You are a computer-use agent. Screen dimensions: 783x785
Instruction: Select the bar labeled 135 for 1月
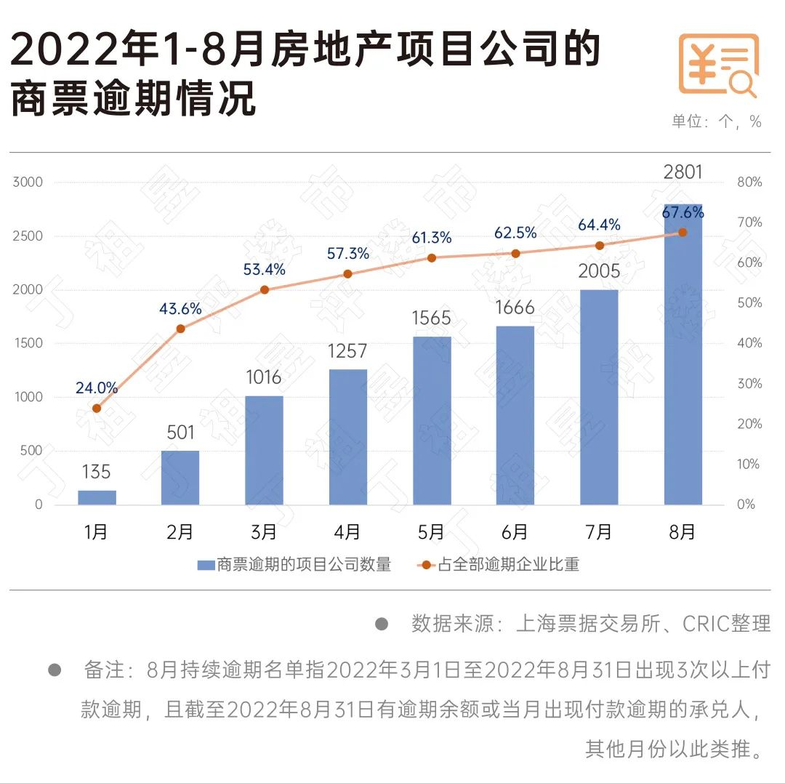point(97,497)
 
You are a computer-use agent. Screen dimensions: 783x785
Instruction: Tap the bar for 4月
point(348,437)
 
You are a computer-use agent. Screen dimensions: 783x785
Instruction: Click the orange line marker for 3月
point(265,289)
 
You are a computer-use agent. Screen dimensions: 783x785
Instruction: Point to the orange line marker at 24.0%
point(97,408)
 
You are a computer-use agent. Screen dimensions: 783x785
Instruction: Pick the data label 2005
point(599,272)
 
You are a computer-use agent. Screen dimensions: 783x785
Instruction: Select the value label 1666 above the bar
point(515,308)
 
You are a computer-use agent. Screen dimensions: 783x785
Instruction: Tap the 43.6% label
point(180,309)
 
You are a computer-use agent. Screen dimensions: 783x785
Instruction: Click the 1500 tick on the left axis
point(28,343)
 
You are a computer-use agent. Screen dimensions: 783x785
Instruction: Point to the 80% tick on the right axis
point(749,182)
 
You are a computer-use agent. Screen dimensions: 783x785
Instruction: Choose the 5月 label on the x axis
point(431,532)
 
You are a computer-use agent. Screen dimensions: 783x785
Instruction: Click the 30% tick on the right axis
point(749,384)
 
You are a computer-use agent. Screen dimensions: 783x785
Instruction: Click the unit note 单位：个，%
point(716,122)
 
